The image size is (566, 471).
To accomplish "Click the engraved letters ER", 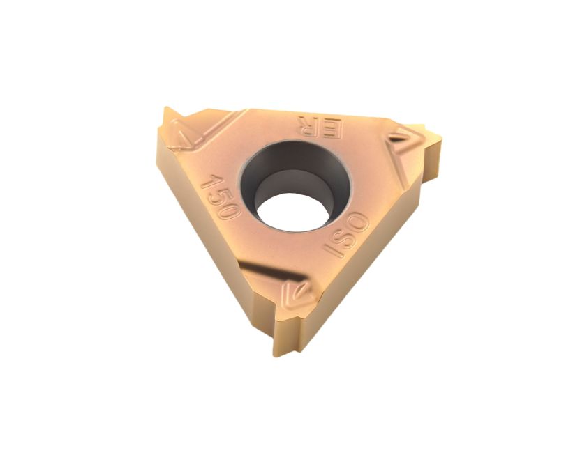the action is tap(320, 128).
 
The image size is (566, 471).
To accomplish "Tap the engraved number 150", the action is tap(221, 196).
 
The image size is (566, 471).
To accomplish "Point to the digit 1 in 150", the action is tap(211, 181).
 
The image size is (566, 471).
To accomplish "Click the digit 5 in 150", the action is tap(221, 196).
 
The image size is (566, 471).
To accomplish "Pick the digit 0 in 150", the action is tap(230, 210).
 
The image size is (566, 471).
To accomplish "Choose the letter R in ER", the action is tap(308, 127).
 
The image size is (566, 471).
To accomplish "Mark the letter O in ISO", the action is tap(358, 222).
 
